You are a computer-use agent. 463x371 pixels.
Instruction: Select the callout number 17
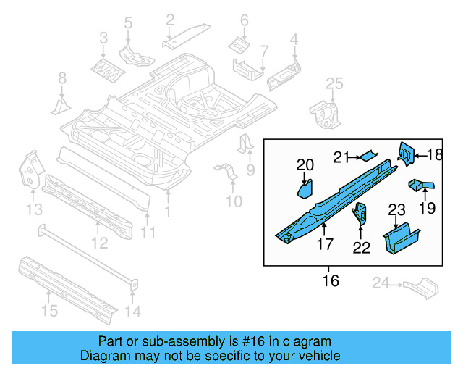pyautogui.click(x=324, y=245)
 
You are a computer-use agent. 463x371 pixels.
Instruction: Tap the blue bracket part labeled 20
pyautogui.click(x=304, y=188)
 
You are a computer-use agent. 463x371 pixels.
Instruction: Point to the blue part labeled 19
pyautogui.click(x=421, y=186)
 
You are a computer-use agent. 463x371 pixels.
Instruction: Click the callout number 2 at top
pyautogui.click(x=170, y=20)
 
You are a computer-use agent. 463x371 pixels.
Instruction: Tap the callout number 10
pyautogui.click(x=234, y=201)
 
